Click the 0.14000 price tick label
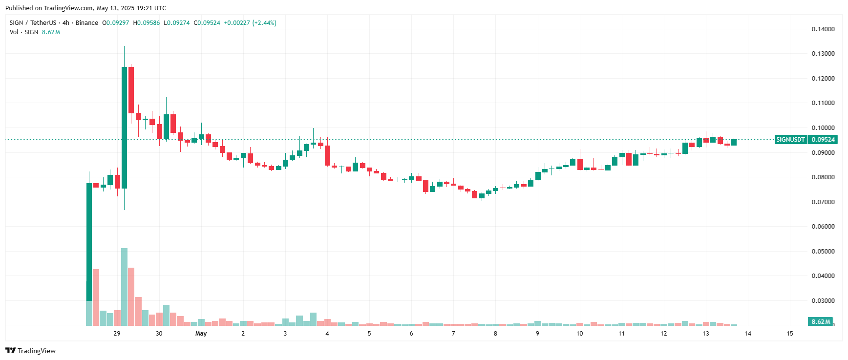pyautogui.click(x=823, y=29)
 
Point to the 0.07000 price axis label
pyautogui.click(x=823, y=202)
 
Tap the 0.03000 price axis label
pyautogui.click(x=823, y=301)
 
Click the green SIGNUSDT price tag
pyautogui.click(x=790, y=140)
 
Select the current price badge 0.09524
pyautogui.click(x=823, y=140)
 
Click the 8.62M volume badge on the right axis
pyautogui.click(x=821, y=321)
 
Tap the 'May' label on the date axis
pyautogui.click(x=201, y=334)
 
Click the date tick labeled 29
pyautogui.click(x=117, y=334)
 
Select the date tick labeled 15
pyautogui.click(x=790, y=334)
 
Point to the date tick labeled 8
pyautogui.click(x=495, y=334)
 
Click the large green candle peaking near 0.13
pyautogui.click(x=124, y=127)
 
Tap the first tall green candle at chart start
pyautogui.click(x=89, y=242)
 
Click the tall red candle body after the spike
pyautogui.click(x=131, y=90)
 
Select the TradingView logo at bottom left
pyautogui.click(x=30, y=351)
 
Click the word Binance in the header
pyautogui.click(x=87, y=23)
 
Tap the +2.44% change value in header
pyautogui.click(x=264, y=23)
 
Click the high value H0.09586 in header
pyautogui.click(x=147, y=23)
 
